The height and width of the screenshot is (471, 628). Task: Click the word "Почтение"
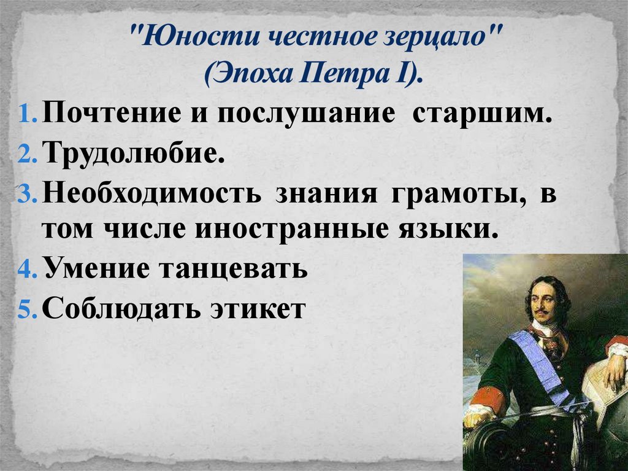click(112, 114)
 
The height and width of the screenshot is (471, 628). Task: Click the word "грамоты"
click(456, 193)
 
